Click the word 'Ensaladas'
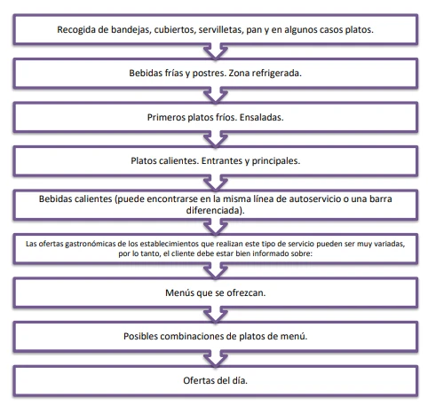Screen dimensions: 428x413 pos(261,117)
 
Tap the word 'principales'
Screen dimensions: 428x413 pos(275,161)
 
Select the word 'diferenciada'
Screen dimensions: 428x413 pos(213,210)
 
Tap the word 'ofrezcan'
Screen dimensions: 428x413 pos(246,292)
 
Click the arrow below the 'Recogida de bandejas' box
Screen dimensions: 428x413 pos(216,51)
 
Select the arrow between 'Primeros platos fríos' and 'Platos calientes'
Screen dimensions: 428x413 pos(216,139)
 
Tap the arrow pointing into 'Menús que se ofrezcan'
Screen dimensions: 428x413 pos(216,271)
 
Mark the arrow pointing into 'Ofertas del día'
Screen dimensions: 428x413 pos(216,358)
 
